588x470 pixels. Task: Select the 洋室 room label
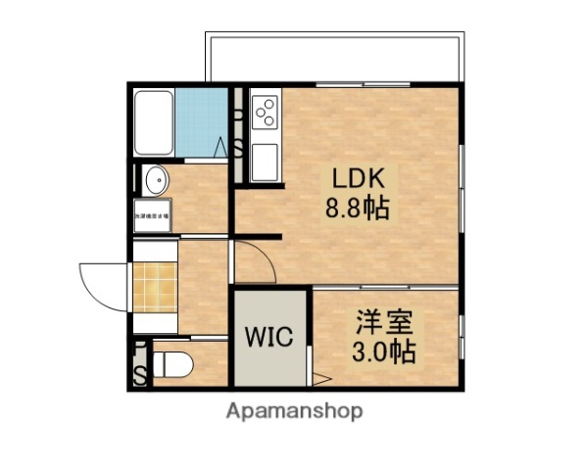point(383,322)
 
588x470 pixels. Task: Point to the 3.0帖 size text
point(383,351)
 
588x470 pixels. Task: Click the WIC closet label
point(269,338)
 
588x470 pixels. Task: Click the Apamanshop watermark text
point(294,411)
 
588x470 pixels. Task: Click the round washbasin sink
point(154,181)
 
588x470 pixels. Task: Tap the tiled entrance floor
point(154,284)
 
